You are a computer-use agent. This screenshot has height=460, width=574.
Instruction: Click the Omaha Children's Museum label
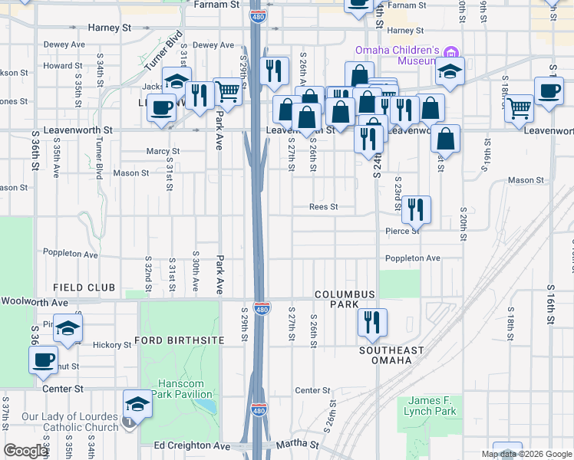[396, 56]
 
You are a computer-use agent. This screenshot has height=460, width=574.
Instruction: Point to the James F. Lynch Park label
[430, 406]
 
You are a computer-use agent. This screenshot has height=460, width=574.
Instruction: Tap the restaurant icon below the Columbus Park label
[372, 322]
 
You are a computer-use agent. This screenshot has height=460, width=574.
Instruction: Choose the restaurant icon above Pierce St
[415, 209]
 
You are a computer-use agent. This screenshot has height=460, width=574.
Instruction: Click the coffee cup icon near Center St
[44, 359]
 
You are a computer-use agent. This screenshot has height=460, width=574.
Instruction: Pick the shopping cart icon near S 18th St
[520, 108]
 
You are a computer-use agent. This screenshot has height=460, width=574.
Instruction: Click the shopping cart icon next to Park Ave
[227, 91]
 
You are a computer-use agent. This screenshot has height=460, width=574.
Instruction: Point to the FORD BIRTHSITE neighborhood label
[179, 340]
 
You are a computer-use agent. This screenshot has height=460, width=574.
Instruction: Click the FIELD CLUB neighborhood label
[84, 287]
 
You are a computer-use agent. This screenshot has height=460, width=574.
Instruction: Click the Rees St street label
[323, 207]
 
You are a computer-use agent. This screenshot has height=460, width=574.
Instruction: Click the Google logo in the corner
[25, 451]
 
